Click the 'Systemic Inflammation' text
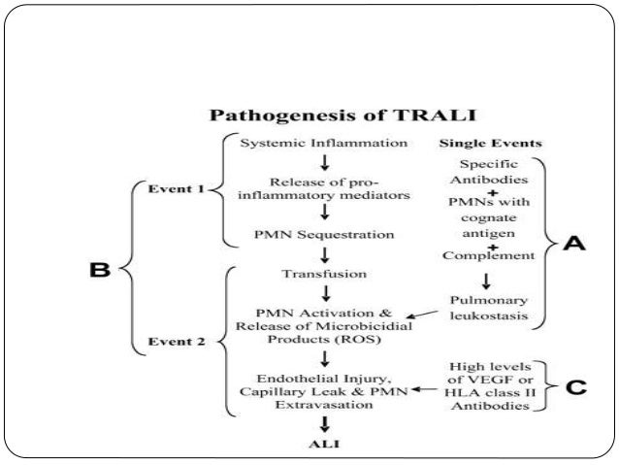click(309, 144)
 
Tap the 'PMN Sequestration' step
click(309, 234)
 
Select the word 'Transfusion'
click(309, 275)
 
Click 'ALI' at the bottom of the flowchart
click(309, 444)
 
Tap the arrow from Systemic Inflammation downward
click(310, 163)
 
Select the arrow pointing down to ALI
click(310, 424)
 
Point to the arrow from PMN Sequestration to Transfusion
click(310, 254)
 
